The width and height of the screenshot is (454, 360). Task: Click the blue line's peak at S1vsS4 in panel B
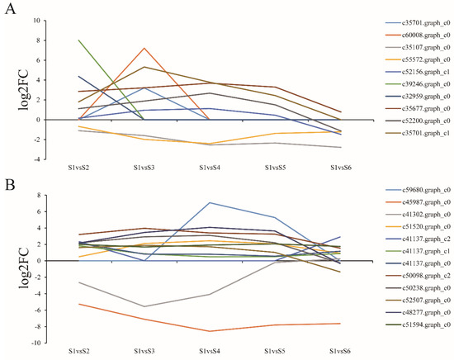[x=209, y=202]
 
